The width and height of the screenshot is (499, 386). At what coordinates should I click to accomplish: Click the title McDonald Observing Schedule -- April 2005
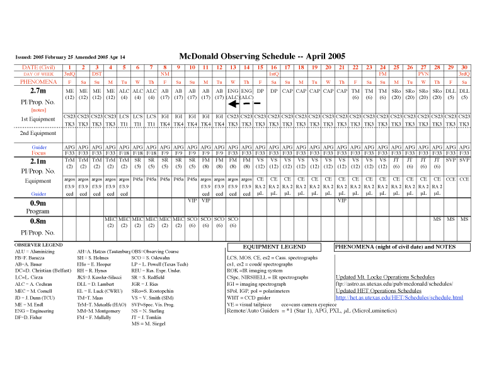(263, 56)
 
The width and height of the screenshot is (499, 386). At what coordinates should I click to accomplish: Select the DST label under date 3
(97, 74)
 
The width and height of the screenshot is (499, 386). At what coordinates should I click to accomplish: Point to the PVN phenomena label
(423, 74)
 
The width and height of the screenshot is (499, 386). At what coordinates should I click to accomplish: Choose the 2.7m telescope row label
(30, 91)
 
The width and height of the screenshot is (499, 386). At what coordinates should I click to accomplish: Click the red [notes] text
(30, 110)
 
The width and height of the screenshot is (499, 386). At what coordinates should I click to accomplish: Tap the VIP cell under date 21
(341, 201)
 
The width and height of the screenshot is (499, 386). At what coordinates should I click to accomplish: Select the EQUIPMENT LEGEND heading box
(278, 247)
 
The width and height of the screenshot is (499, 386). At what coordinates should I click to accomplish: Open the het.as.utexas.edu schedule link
(399, 298)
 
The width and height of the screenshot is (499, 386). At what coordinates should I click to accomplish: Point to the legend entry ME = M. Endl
(32, 305)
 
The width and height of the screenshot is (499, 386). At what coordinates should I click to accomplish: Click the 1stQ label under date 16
(273, 74)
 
